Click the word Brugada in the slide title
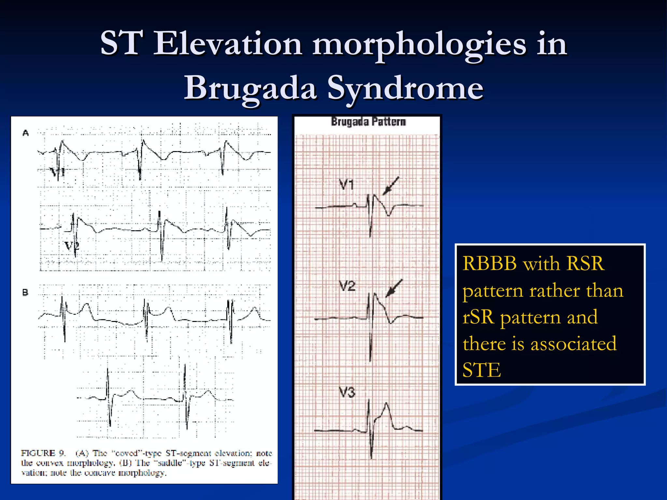tap(250, 88)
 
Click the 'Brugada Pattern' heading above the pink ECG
tap(368, 122)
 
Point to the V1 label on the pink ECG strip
tap(346, 185)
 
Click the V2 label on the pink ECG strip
tap(347, 286)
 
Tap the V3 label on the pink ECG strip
tap(347, 393)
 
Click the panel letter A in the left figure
tap(26, 133)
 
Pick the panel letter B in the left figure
tap(25, 292)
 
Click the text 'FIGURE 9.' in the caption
tap(43, 453)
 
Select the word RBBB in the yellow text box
tap(490, 263)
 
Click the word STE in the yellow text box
tap(481, 370)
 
